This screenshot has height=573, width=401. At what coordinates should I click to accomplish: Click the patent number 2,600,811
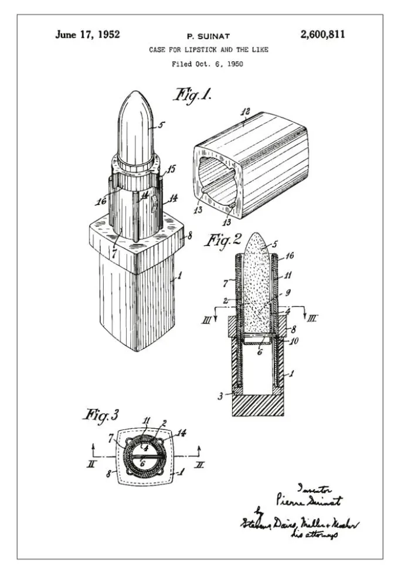click(322, 35)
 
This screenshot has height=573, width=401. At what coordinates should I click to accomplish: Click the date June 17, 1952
click(87, 35)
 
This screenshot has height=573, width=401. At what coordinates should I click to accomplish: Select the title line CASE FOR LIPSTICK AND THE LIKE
click(208, 50)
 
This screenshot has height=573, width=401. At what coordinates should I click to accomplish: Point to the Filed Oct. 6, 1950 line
click(207, 64)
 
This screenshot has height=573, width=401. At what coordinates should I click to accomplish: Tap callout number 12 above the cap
click(246, 111)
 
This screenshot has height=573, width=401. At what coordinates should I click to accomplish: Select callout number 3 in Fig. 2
click(220, 397)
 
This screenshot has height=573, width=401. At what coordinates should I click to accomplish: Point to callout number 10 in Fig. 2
click(295, 341)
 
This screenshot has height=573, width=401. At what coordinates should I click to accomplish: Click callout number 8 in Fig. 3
click(109, 473)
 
